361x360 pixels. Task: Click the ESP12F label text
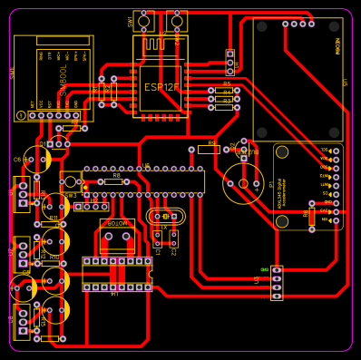coord(161,87)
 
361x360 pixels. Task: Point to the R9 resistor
coord(210,149)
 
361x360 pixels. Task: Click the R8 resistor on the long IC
coord(114,181)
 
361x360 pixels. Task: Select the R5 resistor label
coord(227,83)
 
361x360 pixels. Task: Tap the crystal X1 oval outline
coord(165,216)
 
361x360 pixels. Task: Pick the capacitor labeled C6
coord(37,161)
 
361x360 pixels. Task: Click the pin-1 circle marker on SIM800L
coord(22,114)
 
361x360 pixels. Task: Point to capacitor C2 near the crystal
coord(172,239)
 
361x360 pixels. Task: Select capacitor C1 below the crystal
coord(157,239)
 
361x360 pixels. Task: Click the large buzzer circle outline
coord(243,183)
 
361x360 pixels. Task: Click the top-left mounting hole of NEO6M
coord(262,27)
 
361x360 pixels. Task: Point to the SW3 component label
coord(70,194)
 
